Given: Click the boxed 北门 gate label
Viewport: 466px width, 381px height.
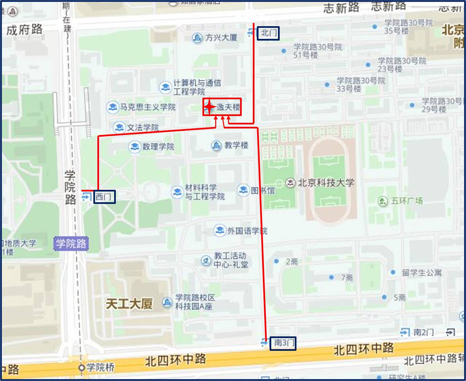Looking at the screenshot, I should pos(268,33).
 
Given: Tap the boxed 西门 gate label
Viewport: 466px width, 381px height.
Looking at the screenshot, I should pos(104,197).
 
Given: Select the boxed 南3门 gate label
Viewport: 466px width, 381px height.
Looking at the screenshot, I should pos(283,343).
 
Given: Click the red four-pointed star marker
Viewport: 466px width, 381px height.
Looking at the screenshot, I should pos(209,107).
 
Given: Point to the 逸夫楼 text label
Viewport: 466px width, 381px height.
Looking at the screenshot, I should pos(228,107).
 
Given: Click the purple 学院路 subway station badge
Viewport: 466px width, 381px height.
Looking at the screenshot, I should pos(71,243).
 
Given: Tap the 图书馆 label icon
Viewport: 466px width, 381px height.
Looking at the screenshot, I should pos(243,190).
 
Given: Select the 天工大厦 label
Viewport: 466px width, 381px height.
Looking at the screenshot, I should pos(129,304).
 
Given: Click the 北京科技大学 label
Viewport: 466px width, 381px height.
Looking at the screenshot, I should pos(326,183).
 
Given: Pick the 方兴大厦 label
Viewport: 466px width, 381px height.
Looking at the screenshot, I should pos(221,38).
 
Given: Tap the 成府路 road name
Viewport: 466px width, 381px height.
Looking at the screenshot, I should pos(25,30).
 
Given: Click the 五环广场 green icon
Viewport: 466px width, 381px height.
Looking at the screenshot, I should pos(382,201).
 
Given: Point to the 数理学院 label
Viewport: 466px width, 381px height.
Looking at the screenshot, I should pos(158,147).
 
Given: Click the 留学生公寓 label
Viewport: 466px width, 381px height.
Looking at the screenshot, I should pos(422,273).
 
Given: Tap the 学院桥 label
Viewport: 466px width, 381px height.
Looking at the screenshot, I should pos(100,367).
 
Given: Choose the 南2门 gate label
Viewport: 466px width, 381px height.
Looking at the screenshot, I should pos(423,332).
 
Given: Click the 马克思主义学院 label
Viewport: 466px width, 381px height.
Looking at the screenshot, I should pos(148,107).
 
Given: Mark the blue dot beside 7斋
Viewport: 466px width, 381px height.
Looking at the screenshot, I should pos(331,277).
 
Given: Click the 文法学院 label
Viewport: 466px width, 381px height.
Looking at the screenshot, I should pos(142,127).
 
